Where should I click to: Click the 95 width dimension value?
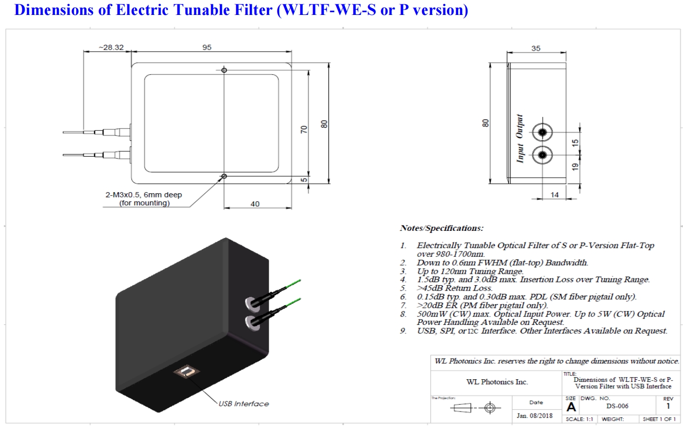(x=207, y=47)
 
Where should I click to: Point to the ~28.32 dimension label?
(x=111, y=47)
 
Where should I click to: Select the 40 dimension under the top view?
(x=255, y=204)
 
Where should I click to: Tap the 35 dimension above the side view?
(x=536, y=48)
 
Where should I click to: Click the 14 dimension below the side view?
(x=555, y=195)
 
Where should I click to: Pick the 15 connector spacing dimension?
(x=575, y=143)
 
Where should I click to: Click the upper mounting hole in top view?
(x=224, y=70)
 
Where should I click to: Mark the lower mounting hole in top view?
(x=224, y=176)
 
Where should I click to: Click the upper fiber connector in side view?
(x=543, y=132)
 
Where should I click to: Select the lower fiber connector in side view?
(x=543, y=155)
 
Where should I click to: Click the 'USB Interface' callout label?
(x=244, y=404)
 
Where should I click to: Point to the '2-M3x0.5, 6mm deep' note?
(x=144, y=195)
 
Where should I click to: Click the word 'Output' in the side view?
(x=519, y=127)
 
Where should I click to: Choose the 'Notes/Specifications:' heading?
(x=441, y=228)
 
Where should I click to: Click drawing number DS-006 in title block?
(x=617, y=406)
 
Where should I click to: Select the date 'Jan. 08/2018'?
(x=535, y=415)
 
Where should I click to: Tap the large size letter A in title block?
(x=571, y=407)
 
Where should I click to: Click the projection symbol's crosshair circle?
(x=490, y=408)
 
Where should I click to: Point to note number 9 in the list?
(x=403, y=331)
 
